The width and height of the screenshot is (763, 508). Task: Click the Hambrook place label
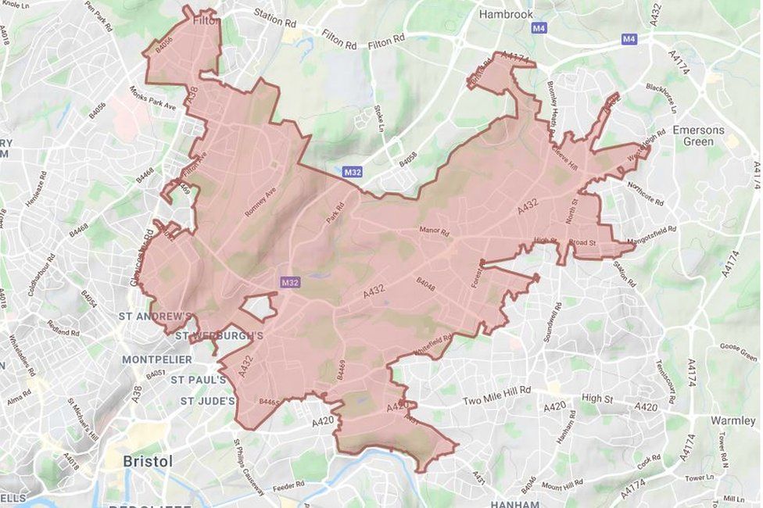pyautogui.click(x=506, y=14)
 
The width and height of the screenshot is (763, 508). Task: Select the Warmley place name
pyautogui.click(x=733, y=420)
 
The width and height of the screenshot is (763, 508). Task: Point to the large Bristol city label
pyautogui.click(x=148, y=461)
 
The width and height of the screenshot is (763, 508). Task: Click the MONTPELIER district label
pyautogui.click(x=157, y=359)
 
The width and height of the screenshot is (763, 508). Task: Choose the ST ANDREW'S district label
pyautogui.click(x=155, y=317)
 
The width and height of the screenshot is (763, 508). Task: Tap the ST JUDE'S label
pyautogui.click(x=207, y=401)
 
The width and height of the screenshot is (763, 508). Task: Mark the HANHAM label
pyautogui.click(x=514, y=504)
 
